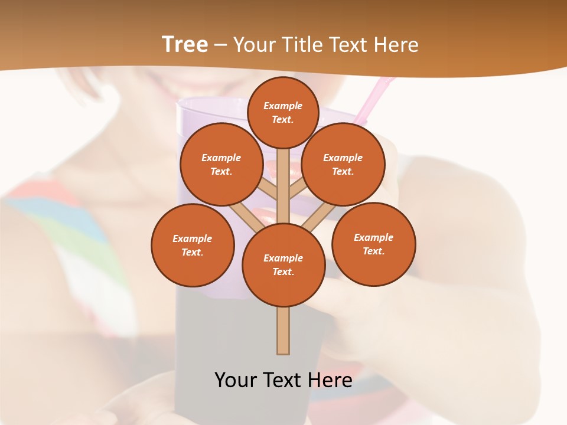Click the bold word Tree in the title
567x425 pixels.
pyautogui.click(x=185, y=45)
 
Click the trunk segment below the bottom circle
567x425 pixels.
pyautogui.click(x=283, y=331)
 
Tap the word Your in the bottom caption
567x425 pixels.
pyautogui.click(x=235, y=380)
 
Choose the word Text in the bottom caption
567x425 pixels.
pyautogui.click(x=284, y=380)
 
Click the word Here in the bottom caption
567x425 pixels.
pyautogui.click(x=331, y=380)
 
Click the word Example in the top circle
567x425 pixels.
pyautogui.click(x=283, y=106)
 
